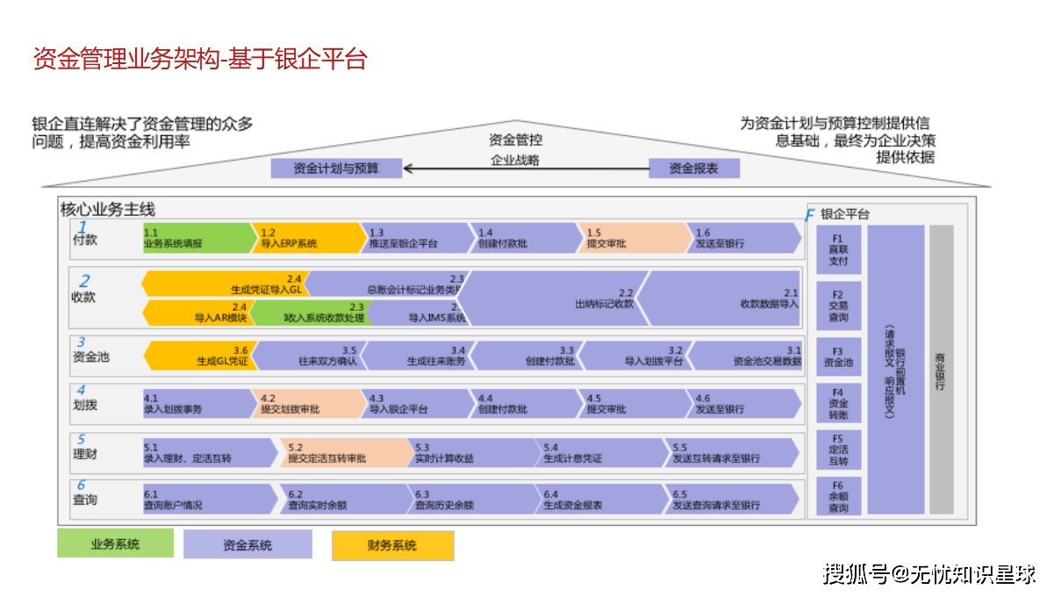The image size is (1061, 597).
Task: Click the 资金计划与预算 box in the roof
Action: (x=336, y=168)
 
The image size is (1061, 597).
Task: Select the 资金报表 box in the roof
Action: (x=693, y=168)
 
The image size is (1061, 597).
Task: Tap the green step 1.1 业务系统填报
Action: (x=197, y=238)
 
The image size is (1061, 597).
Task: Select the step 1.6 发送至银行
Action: (x=742, y=238)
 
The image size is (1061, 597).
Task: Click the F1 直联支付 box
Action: (x=838, y=249)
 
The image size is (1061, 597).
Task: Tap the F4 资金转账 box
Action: (x=838, y=404)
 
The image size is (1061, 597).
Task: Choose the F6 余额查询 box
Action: (x=838, y=497)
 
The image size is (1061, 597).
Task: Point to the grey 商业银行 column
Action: (x=941, y=369)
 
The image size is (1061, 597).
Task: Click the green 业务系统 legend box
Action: (x=115, y=544)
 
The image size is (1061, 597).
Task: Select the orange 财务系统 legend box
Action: (x=392, y=545)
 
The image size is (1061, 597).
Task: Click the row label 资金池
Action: (x=91, y=357)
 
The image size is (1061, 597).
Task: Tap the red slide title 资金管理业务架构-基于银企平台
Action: (x=199, y=59)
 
